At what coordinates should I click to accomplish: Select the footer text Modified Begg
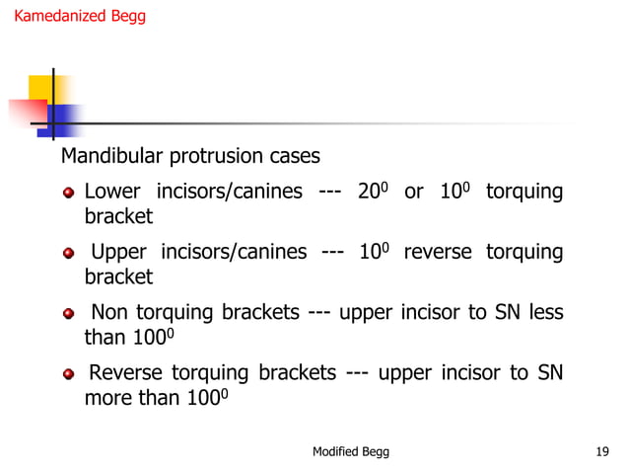(x=350, y=451)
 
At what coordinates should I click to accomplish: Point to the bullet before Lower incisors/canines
(x=70, y=193)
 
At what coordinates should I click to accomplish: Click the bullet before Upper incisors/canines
(x=70, y=254)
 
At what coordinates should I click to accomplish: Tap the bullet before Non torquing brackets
(x=70, y=315)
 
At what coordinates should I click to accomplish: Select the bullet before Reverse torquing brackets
(x=70, y=375)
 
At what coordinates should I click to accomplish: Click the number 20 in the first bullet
(x=368, y=192)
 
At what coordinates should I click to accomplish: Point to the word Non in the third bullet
(x=110, y=314)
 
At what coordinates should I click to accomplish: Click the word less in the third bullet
(x=545, y=314)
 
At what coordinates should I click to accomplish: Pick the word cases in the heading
(x=295, y=157)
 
